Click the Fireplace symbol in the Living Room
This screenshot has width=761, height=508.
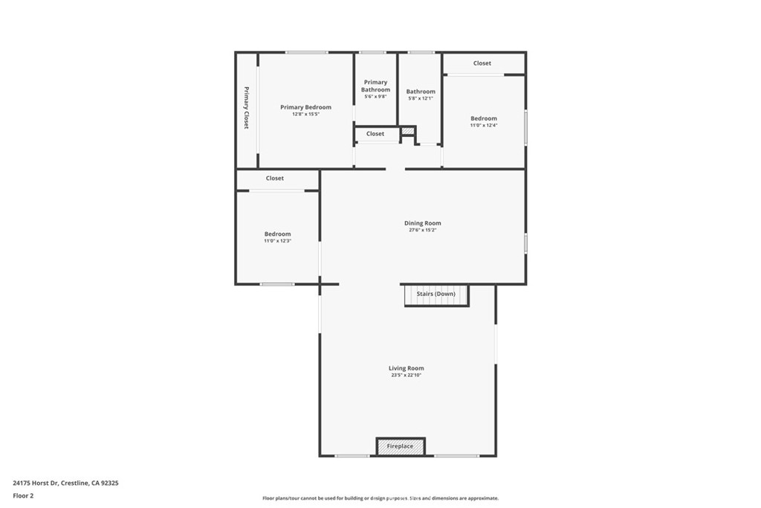[x=400, y=446]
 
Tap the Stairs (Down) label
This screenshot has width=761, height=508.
[x=435, y=294]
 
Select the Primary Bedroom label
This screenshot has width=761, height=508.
[x=305, y=107]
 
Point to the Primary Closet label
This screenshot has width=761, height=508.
[x=247, y=108]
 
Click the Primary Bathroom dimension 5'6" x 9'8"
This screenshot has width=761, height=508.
[x=375, y=97]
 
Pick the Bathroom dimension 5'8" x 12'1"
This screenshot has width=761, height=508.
[x=420, y=98]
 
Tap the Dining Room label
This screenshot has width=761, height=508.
[x=422, y=223]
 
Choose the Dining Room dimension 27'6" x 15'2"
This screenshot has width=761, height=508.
[x=422, y=230]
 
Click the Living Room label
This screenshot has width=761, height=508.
[x=406, y=368]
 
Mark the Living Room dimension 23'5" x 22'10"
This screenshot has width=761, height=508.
[x=406, y=375]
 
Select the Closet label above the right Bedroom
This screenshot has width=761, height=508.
[x=482, y=63]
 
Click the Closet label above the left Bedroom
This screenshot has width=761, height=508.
[x=275, y=179]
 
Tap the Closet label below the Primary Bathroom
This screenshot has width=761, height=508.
[x=375, y=134]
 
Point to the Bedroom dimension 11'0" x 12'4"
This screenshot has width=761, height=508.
[x=483, y=125]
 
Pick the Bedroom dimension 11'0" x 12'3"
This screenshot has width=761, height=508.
[x=277, y=241]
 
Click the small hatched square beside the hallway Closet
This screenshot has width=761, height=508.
[x=407, y=132]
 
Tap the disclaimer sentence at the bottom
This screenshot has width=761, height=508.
[x=380, y=498]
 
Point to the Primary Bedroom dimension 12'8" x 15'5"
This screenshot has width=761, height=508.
[x=305, y=114]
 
